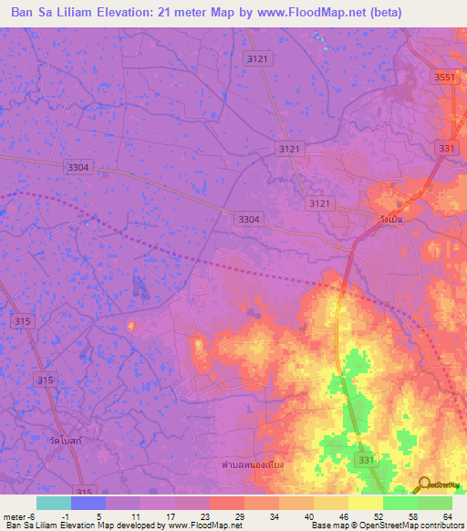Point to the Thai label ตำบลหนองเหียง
click(x=253, y=464)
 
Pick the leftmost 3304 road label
click(x=78, y=167)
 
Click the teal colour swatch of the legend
click(x=54, y=503)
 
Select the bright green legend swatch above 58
click(x=400, y=503)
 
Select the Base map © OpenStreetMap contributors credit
click(x=387, y=526)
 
